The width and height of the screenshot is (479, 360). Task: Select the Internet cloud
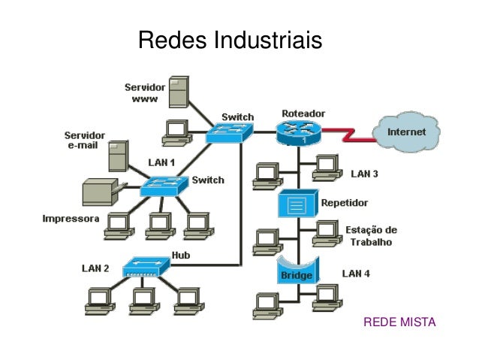406,132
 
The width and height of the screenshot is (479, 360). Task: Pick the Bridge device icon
297,271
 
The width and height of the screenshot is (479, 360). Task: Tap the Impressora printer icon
99,192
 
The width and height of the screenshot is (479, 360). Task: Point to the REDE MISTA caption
399,322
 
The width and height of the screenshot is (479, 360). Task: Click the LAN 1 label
161,162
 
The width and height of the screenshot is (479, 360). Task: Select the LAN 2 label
95,268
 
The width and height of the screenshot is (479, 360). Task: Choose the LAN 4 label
356,274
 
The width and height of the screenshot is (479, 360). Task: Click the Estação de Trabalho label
371,236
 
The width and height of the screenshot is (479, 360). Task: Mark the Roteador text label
303,113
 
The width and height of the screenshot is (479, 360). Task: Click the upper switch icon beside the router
230,134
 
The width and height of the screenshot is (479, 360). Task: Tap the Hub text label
180,256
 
